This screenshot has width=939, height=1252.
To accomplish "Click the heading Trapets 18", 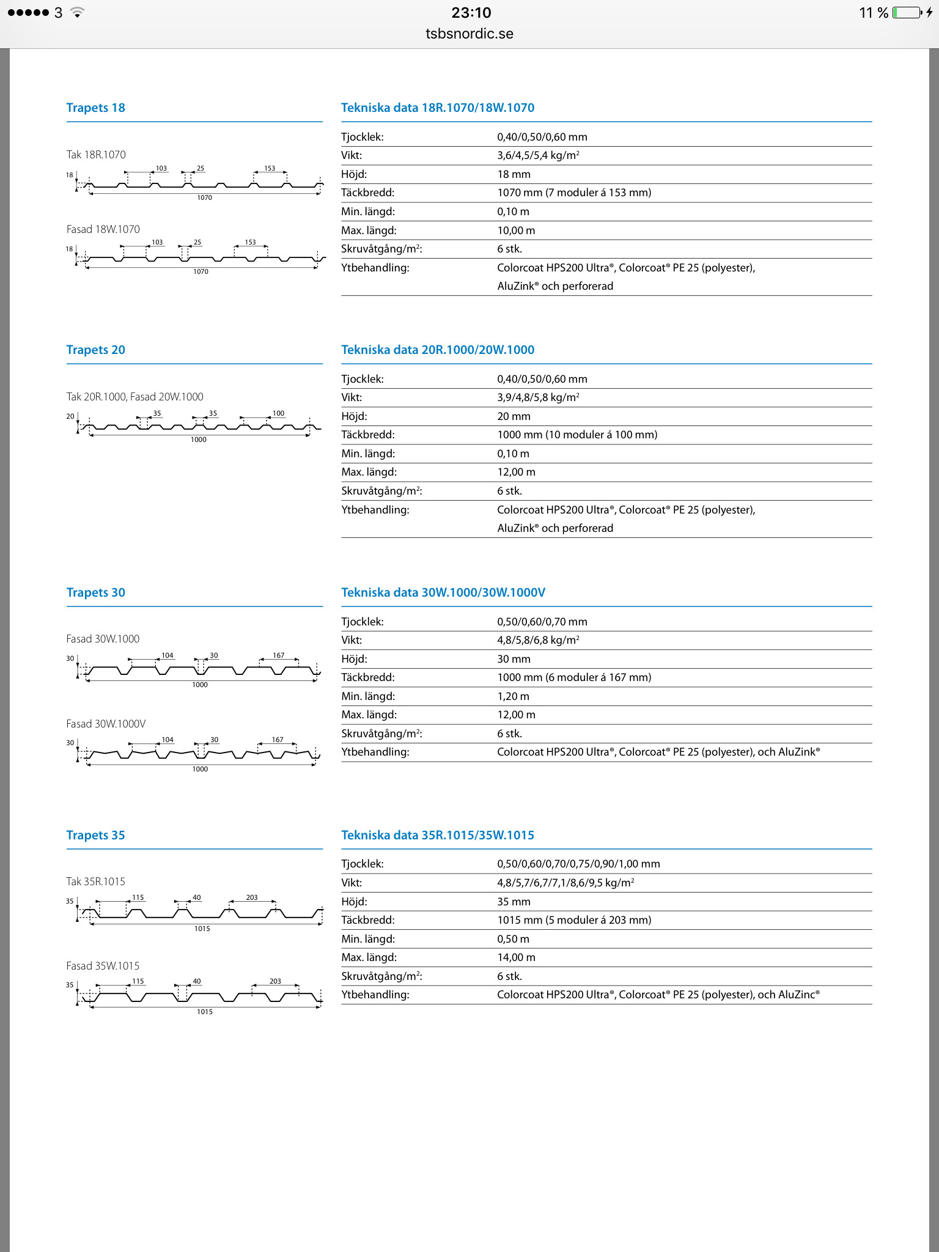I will tap(95, 108).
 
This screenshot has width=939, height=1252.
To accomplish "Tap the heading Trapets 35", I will tap(95, 835).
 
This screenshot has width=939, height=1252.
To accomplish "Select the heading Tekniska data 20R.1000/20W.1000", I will tap(438, 350).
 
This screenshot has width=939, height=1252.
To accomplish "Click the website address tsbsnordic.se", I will tap(469, 34).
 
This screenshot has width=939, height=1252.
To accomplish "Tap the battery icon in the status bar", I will tap(907, 13).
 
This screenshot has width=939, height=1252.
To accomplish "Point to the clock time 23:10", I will tap(471, 13).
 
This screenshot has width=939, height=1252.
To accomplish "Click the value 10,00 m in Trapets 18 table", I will tap(516, 230).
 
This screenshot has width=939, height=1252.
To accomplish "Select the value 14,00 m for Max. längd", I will tap(516, 957).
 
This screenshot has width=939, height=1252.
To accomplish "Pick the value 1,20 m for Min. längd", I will tap(513, 696).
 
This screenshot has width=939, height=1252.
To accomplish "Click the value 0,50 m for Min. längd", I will tap(513, 939).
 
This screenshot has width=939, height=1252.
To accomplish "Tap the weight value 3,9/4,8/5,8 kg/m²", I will tap(538, 397).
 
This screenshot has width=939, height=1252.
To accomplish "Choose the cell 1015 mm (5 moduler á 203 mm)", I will tap(574, 920).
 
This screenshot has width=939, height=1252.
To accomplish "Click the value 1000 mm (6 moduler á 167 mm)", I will tap(574, 677).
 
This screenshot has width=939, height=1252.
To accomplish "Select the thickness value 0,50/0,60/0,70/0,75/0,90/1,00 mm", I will tap(578, 864).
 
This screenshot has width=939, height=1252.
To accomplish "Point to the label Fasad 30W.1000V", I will tap(106, 724).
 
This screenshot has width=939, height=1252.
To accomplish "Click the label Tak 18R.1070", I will tap(96, 155).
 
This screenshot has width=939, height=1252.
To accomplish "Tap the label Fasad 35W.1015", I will tap(103, 966).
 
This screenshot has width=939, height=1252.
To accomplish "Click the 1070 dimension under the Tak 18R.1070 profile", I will tap(204, 197).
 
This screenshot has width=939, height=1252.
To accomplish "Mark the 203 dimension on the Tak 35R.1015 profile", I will tap(252, 897).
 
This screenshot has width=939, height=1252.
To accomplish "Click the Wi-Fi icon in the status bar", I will tap(77, 13).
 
